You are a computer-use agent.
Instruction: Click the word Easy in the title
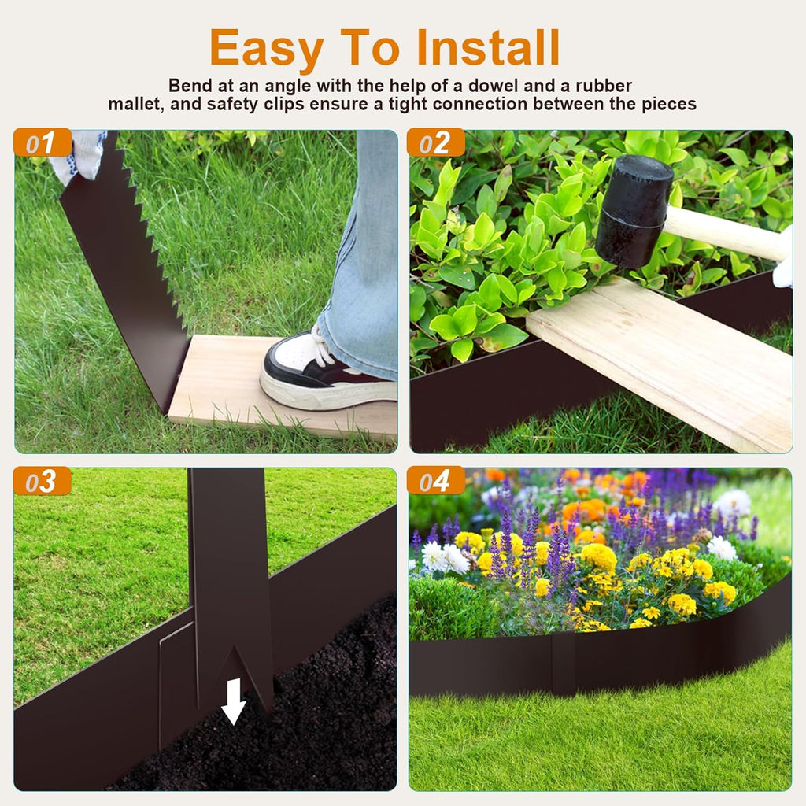pos(266,49)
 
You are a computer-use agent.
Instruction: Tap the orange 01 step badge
pos(43,143)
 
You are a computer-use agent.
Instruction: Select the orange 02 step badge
pos(436,143)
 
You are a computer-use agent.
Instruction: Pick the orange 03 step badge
pos(43,482)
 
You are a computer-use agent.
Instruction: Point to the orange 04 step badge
pos(436,482)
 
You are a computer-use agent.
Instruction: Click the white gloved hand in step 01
pos(79,153)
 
